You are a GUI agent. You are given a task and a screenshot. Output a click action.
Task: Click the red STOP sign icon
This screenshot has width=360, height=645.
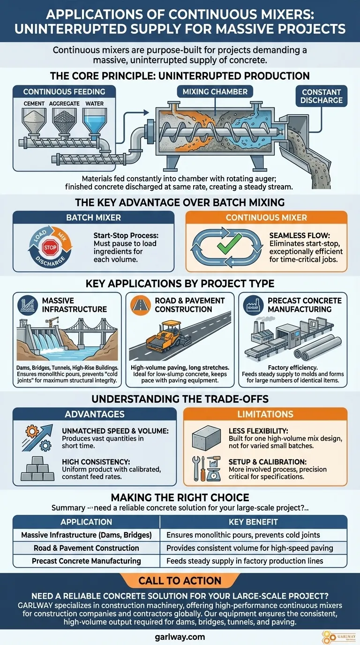point(50,247)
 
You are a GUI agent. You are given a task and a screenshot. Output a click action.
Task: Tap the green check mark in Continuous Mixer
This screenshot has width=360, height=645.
point(229,244)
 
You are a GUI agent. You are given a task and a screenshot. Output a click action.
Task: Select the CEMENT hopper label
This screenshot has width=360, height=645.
point(34,104)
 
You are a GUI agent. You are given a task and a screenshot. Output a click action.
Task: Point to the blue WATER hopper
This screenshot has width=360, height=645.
point(94,120)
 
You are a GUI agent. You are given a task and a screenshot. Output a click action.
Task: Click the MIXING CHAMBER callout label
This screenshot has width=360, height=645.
point(215,91)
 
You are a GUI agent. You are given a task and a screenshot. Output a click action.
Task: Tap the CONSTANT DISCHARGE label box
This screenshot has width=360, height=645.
point(322,96)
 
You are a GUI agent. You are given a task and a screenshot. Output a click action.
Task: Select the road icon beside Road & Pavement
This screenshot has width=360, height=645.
point(141,305)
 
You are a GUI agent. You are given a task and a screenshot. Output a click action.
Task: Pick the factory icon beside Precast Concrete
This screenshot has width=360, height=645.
point(253,305)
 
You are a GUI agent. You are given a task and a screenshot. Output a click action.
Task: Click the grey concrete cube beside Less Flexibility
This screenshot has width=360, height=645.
point(206,438)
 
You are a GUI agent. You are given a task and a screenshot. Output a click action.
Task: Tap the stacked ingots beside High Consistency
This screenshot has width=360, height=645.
point(37,468)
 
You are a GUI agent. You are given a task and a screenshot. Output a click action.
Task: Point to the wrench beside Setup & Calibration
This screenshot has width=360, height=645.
point(196,468)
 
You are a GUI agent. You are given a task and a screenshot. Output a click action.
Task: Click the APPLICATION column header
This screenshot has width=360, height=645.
point(86,522)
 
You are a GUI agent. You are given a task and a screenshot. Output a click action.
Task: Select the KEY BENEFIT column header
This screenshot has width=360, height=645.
point(253,522)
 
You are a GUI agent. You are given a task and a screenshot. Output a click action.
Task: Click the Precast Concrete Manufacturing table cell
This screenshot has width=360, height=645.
point(86,561)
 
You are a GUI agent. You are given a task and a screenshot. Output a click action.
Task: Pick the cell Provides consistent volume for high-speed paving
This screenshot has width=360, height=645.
point(250,547)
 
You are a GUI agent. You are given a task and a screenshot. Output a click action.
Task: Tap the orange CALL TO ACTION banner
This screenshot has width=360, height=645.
point(180,580)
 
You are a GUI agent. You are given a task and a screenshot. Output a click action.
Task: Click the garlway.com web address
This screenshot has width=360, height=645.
point(180,637)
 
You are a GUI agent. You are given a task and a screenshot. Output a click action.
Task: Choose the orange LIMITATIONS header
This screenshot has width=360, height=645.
point(265,414)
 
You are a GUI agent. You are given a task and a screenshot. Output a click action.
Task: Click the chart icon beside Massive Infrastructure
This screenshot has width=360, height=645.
point(28,305)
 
